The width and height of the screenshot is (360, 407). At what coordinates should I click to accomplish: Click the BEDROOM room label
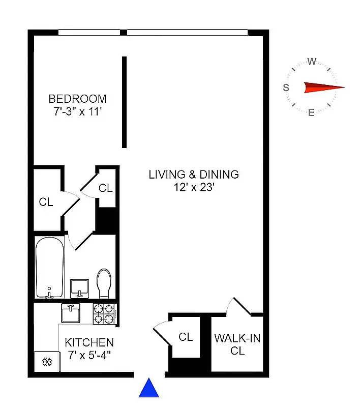click(77, 99)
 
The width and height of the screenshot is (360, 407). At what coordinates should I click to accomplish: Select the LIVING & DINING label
click(193, 175)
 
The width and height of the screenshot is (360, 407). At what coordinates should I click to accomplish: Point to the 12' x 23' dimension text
click(193, 187)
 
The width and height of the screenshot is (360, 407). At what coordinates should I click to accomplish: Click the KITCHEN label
click(89, 342)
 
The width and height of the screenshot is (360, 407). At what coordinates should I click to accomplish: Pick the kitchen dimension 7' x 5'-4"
click(89, 355)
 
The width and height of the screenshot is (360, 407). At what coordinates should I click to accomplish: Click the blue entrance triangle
click(149, 388)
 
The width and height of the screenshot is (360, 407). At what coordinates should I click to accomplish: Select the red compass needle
click(322, 88)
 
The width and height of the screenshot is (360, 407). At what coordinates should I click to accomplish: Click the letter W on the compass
click(312, 62)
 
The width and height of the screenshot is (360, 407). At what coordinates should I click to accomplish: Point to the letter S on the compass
click(286, 88)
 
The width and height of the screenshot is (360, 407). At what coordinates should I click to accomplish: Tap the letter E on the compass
click(311, 113)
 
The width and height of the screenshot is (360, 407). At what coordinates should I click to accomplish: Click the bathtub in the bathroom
click(49, 267)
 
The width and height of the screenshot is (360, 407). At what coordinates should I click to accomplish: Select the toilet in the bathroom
click(104, 283)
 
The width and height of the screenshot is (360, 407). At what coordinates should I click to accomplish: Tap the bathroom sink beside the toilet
click(79, 288)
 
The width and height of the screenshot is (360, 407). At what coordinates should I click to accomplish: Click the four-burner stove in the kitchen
click(104, 313)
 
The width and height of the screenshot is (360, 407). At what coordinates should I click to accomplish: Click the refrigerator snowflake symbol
click(47, 362)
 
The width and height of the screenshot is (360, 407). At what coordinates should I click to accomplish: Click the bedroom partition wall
click(124, 102)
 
